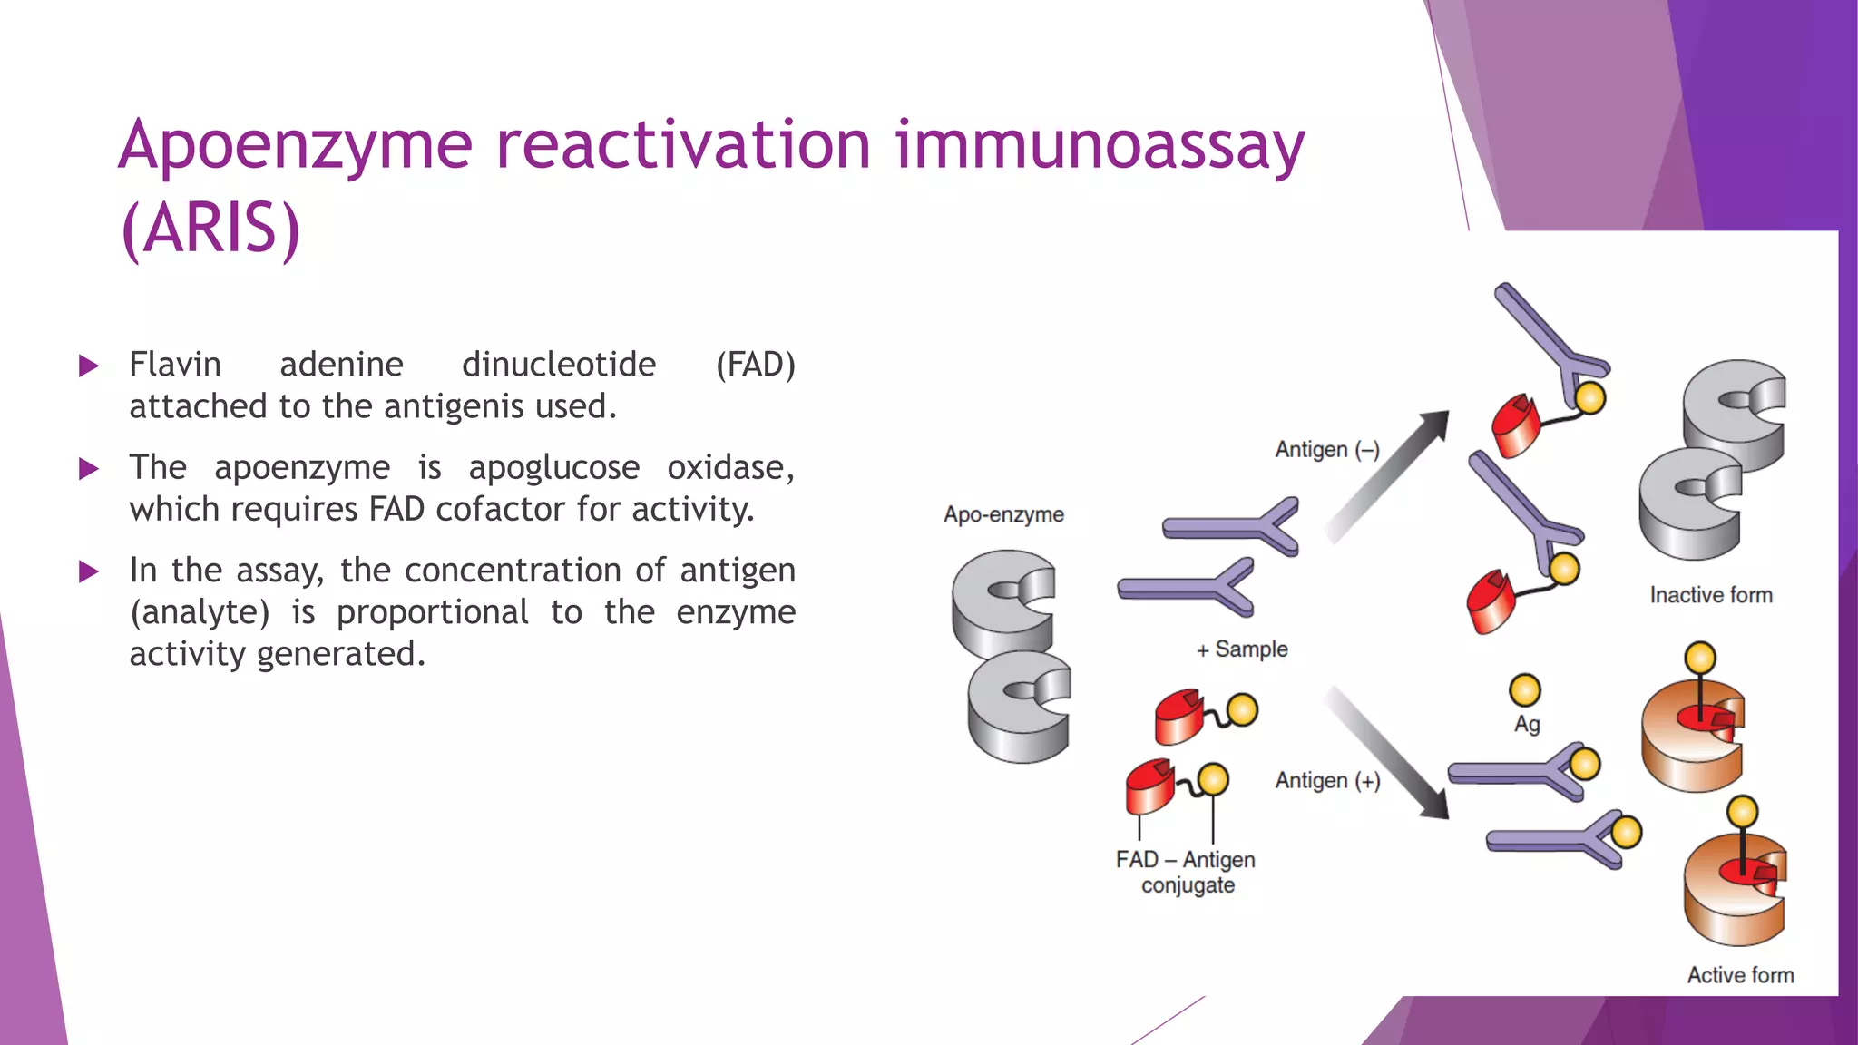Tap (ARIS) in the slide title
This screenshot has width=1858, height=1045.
[x=210, y=229]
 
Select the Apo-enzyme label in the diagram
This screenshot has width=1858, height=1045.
[x=1003, y=514]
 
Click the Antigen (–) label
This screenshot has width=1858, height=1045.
[x=1326, y=450]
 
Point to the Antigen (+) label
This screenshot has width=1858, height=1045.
[x=1327, y=781]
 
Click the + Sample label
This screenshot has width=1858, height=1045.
[x=1242, y=649]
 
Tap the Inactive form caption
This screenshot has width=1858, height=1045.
[x=1710, y=595]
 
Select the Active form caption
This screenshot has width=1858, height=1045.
[x=1740, y=975]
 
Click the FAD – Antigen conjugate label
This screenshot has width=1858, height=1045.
[x=1186, y=872]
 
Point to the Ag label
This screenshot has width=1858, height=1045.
[x=1527, y=724]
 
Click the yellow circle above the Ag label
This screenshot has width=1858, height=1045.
[x=1525, y=690]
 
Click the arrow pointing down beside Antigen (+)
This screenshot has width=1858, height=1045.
[x=1389, y=752]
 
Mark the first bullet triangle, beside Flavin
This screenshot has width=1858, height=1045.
[x=89, y=366]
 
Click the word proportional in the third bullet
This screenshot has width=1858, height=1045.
[x=432, y=612]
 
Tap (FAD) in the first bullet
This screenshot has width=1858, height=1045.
[x=755, y=365]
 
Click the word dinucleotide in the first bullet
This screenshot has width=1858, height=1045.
[x=559, y=365]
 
